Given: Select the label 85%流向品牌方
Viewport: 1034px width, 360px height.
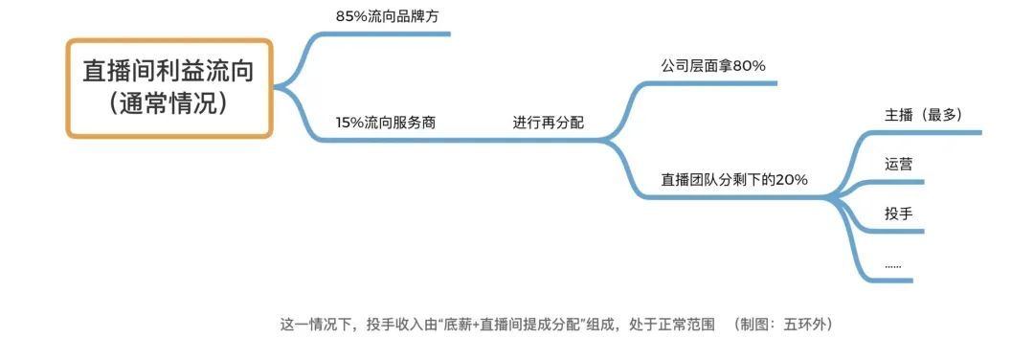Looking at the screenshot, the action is (x=381, y=16).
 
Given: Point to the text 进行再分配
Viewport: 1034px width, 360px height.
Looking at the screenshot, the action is (x=548, y=123).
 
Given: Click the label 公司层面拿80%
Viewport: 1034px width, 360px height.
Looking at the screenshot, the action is (x=712, y=66).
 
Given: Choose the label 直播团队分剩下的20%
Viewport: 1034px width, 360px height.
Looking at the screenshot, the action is (x=734, y=179).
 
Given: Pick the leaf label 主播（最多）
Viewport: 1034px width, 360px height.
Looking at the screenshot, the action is (x=923, y=114).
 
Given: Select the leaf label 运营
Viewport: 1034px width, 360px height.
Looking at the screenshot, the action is (x=899, y=164).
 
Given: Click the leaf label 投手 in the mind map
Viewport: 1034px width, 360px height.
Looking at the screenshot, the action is (x=899, y=214).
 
